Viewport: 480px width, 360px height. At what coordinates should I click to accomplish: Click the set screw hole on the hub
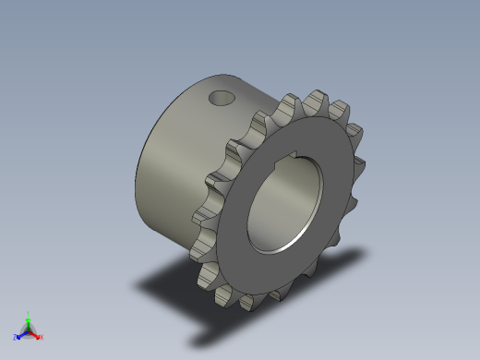point(221,96)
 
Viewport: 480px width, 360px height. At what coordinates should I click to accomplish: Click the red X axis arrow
point(36,335)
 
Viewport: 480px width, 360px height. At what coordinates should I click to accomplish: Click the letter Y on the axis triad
point(29,313)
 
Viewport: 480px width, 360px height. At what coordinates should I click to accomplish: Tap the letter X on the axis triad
point(42,338)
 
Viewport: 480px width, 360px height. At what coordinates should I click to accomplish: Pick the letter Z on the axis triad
point(15,338)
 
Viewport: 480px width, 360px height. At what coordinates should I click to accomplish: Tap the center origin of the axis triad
point(29,330)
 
